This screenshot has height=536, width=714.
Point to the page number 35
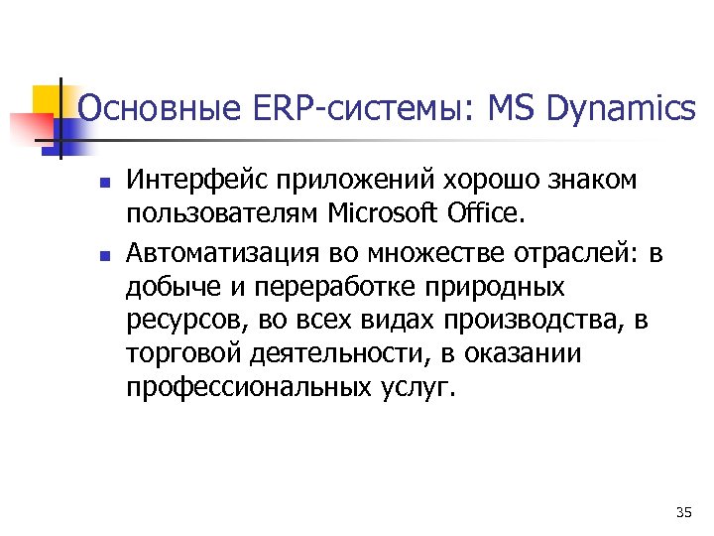tap(682, 512)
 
